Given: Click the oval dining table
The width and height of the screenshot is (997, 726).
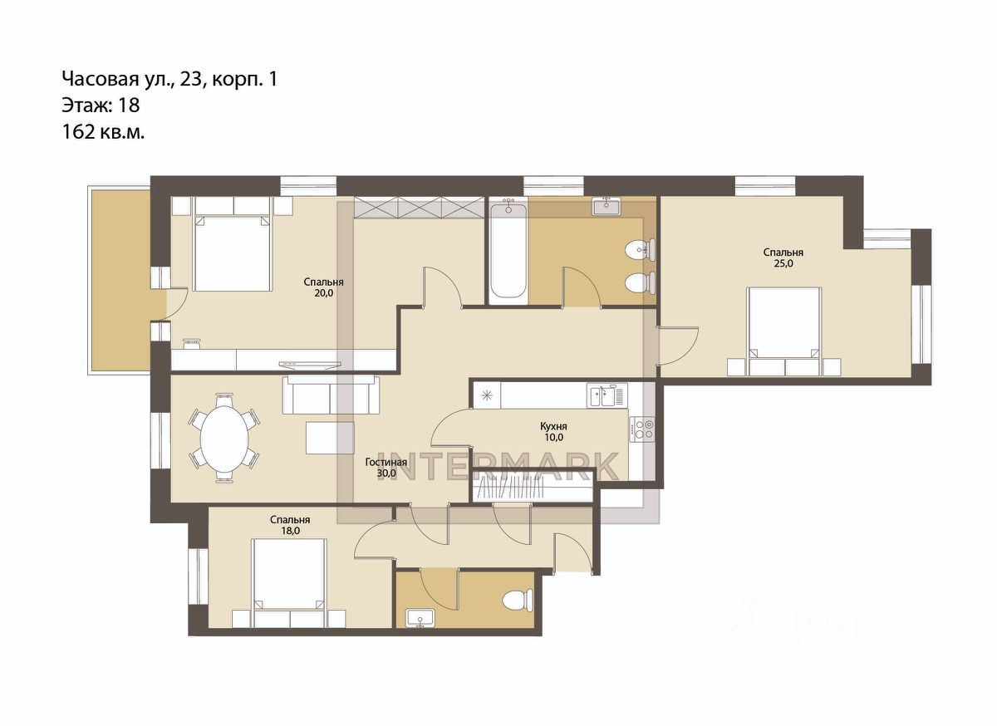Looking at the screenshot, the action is click(x=224, y=438).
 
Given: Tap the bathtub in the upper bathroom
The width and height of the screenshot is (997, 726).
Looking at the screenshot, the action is click(x=508, y=252).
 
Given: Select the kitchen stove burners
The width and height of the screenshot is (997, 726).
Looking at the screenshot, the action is click(x=641, y=429).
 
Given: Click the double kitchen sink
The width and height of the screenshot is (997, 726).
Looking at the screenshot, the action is click(x=607, y=395).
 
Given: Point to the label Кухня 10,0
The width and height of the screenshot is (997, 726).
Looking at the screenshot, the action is click(x=553, y=432).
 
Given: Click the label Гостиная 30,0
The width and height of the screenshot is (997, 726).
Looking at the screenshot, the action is click(x=386, y=468).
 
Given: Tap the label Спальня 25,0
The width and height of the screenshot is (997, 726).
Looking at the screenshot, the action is click(x=783, y=258).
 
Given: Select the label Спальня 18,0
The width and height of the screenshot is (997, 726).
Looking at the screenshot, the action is click(x=290, y=525).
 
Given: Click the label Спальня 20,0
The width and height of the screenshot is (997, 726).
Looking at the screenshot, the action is click(x=323, y=287).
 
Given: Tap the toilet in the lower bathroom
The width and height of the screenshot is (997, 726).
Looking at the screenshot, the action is click(x=518, y=600).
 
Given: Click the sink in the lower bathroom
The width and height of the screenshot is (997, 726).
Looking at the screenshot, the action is click(x=420, y=618).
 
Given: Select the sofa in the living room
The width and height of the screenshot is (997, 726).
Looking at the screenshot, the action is click(x=332, y=395).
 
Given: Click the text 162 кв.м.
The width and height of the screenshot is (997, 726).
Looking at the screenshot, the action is click(x=103, y=132).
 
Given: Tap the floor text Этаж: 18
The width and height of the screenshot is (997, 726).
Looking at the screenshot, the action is click(x=101, y=105).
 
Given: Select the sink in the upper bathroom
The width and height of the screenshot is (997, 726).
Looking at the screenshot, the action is click(x=606, y=207).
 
